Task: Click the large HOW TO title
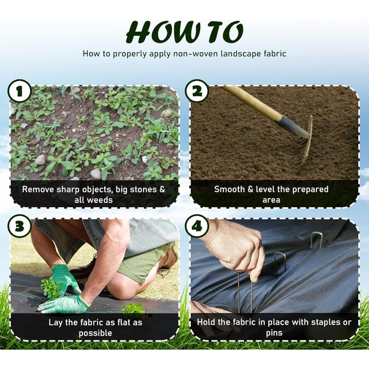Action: pyautogui.click(x=184, y=32)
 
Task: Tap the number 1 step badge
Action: pyautogui.click(x=19, y=91)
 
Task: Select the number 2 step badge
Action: pyautogui.click(x=196, y=91)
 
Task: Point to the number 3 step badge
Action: pyautogui.click(x=19, y=227)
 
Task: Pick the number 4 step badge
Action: pyautogui.click(x=196, y=227)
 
